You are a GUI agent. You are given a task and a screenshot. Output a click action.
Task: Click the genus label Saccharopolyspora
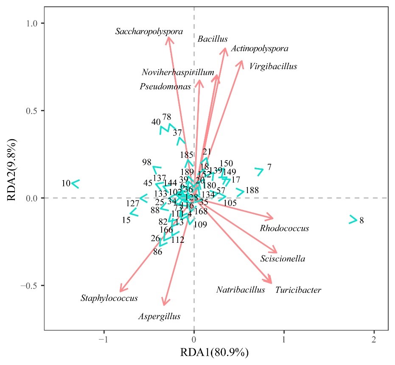point(149,31)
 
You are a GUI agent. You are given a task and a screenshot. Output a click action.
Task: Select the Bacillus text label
point(213,39)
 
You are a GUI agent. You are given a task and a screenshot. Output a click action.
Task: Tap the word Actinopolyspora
point(260,49)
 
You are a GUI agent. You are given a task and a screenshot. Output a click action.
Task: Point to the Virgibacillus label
point(273,67)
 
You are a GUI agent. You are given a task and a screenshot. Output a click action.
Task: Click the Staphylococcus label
point(109,298)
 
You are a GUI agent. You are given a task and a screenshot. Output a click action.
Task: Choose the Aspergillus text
point(159,317)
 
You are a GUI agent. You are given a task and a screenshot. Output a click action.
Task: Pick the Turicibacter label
point(298,290)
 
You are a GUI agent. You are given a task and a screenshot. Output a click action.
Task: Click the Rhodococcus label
point(284,228)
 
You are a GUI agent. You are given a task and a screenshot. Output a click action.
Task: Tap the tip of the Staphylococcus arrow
point(120,292)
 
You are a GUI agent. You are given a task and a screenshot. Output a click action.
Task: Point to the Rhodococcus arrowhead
point(273,219)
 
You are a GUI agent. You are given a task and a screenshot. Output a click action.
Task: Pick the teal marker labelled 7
point(259,171)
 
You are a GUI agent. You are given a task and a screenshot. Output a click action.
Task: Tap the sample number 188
point(252,190)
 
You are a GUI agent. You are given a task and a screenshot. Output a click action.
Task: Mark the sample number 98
point(147,162)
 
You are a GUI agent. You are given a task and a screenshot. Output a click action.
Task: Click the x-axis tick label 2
point(374,340)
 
